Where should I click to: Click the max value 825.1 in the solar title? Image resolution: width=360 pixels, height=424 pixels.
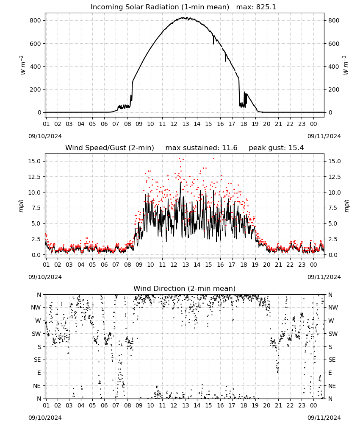266,7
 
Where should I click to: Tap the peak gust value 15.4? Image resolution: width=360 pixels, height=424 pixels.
296,148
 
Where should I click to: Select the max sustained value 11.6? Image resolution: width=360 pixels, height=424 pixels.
230,148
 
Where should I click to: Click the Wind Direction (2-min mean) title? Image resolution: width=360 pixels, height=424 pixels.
185,288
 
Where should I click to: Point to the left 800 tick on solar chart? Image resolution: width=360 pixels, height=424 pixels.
36,20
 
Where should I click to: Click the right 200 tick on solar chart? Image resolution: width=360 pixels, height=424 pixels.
334,89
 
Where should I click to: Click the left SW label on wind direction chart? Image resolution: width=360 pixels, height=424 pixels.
36,334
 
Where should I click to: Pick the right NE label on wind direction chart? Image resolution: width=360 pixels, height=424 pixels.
332,386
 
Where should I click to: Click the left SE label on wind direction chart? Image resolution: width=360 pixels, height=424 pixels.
38,360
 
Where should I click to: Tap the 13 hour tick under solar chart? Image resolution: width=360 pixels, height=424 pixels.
186,124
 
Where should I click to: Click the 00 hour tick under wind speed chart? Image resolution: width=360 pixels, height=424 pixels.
313,265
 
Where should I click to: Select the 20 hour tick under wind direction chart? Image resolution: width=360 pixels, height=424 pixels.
267,405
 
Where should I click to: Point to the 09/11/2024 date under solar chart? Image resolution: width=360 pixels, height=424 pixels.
324,136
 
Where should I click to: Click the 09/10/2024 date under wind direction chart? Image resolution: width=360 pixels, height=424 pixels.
45,418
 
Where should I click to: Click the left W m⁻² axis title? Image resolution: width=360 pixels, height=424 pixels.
23,65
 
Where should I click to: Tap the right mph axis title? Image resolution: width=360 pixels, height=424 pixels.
346,206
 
